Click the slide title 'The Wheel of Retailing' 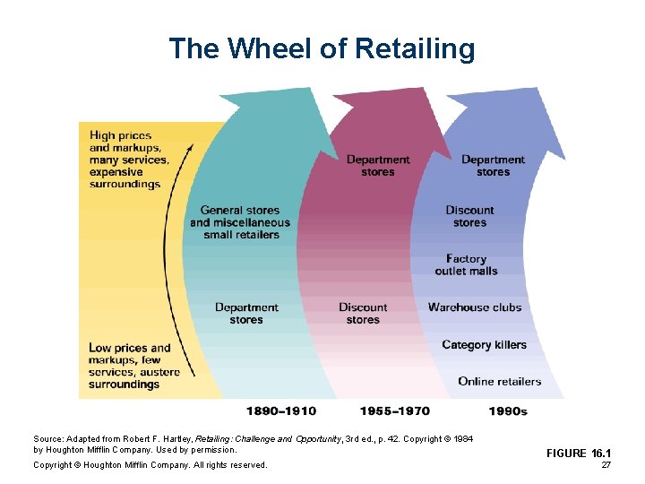[322, 48]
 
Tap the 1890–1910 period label [281, 411]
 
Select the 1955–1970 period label [394, 411]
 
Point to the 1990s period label [508, 411]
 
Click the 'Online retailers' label [499, 381]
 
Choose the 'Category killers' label [484, 345]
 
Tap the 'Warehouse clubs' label [474, 307]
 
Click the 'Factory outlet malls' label [466, 264]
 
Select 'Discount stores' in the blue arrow [469, 216]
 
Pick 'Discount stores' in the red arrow [363, 313]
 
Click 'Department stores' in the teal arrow [245, 313]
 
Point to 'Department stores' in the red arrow [377, 166]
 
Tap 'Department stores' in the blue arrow [493, 166]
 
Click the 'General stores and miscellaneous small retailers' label [240, 222]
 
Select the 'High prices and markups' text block [125, 160]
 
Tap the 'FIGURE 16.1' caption [579, 454]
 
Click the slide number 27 [606, 466]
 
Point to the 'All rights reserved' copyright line [150, 464]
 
